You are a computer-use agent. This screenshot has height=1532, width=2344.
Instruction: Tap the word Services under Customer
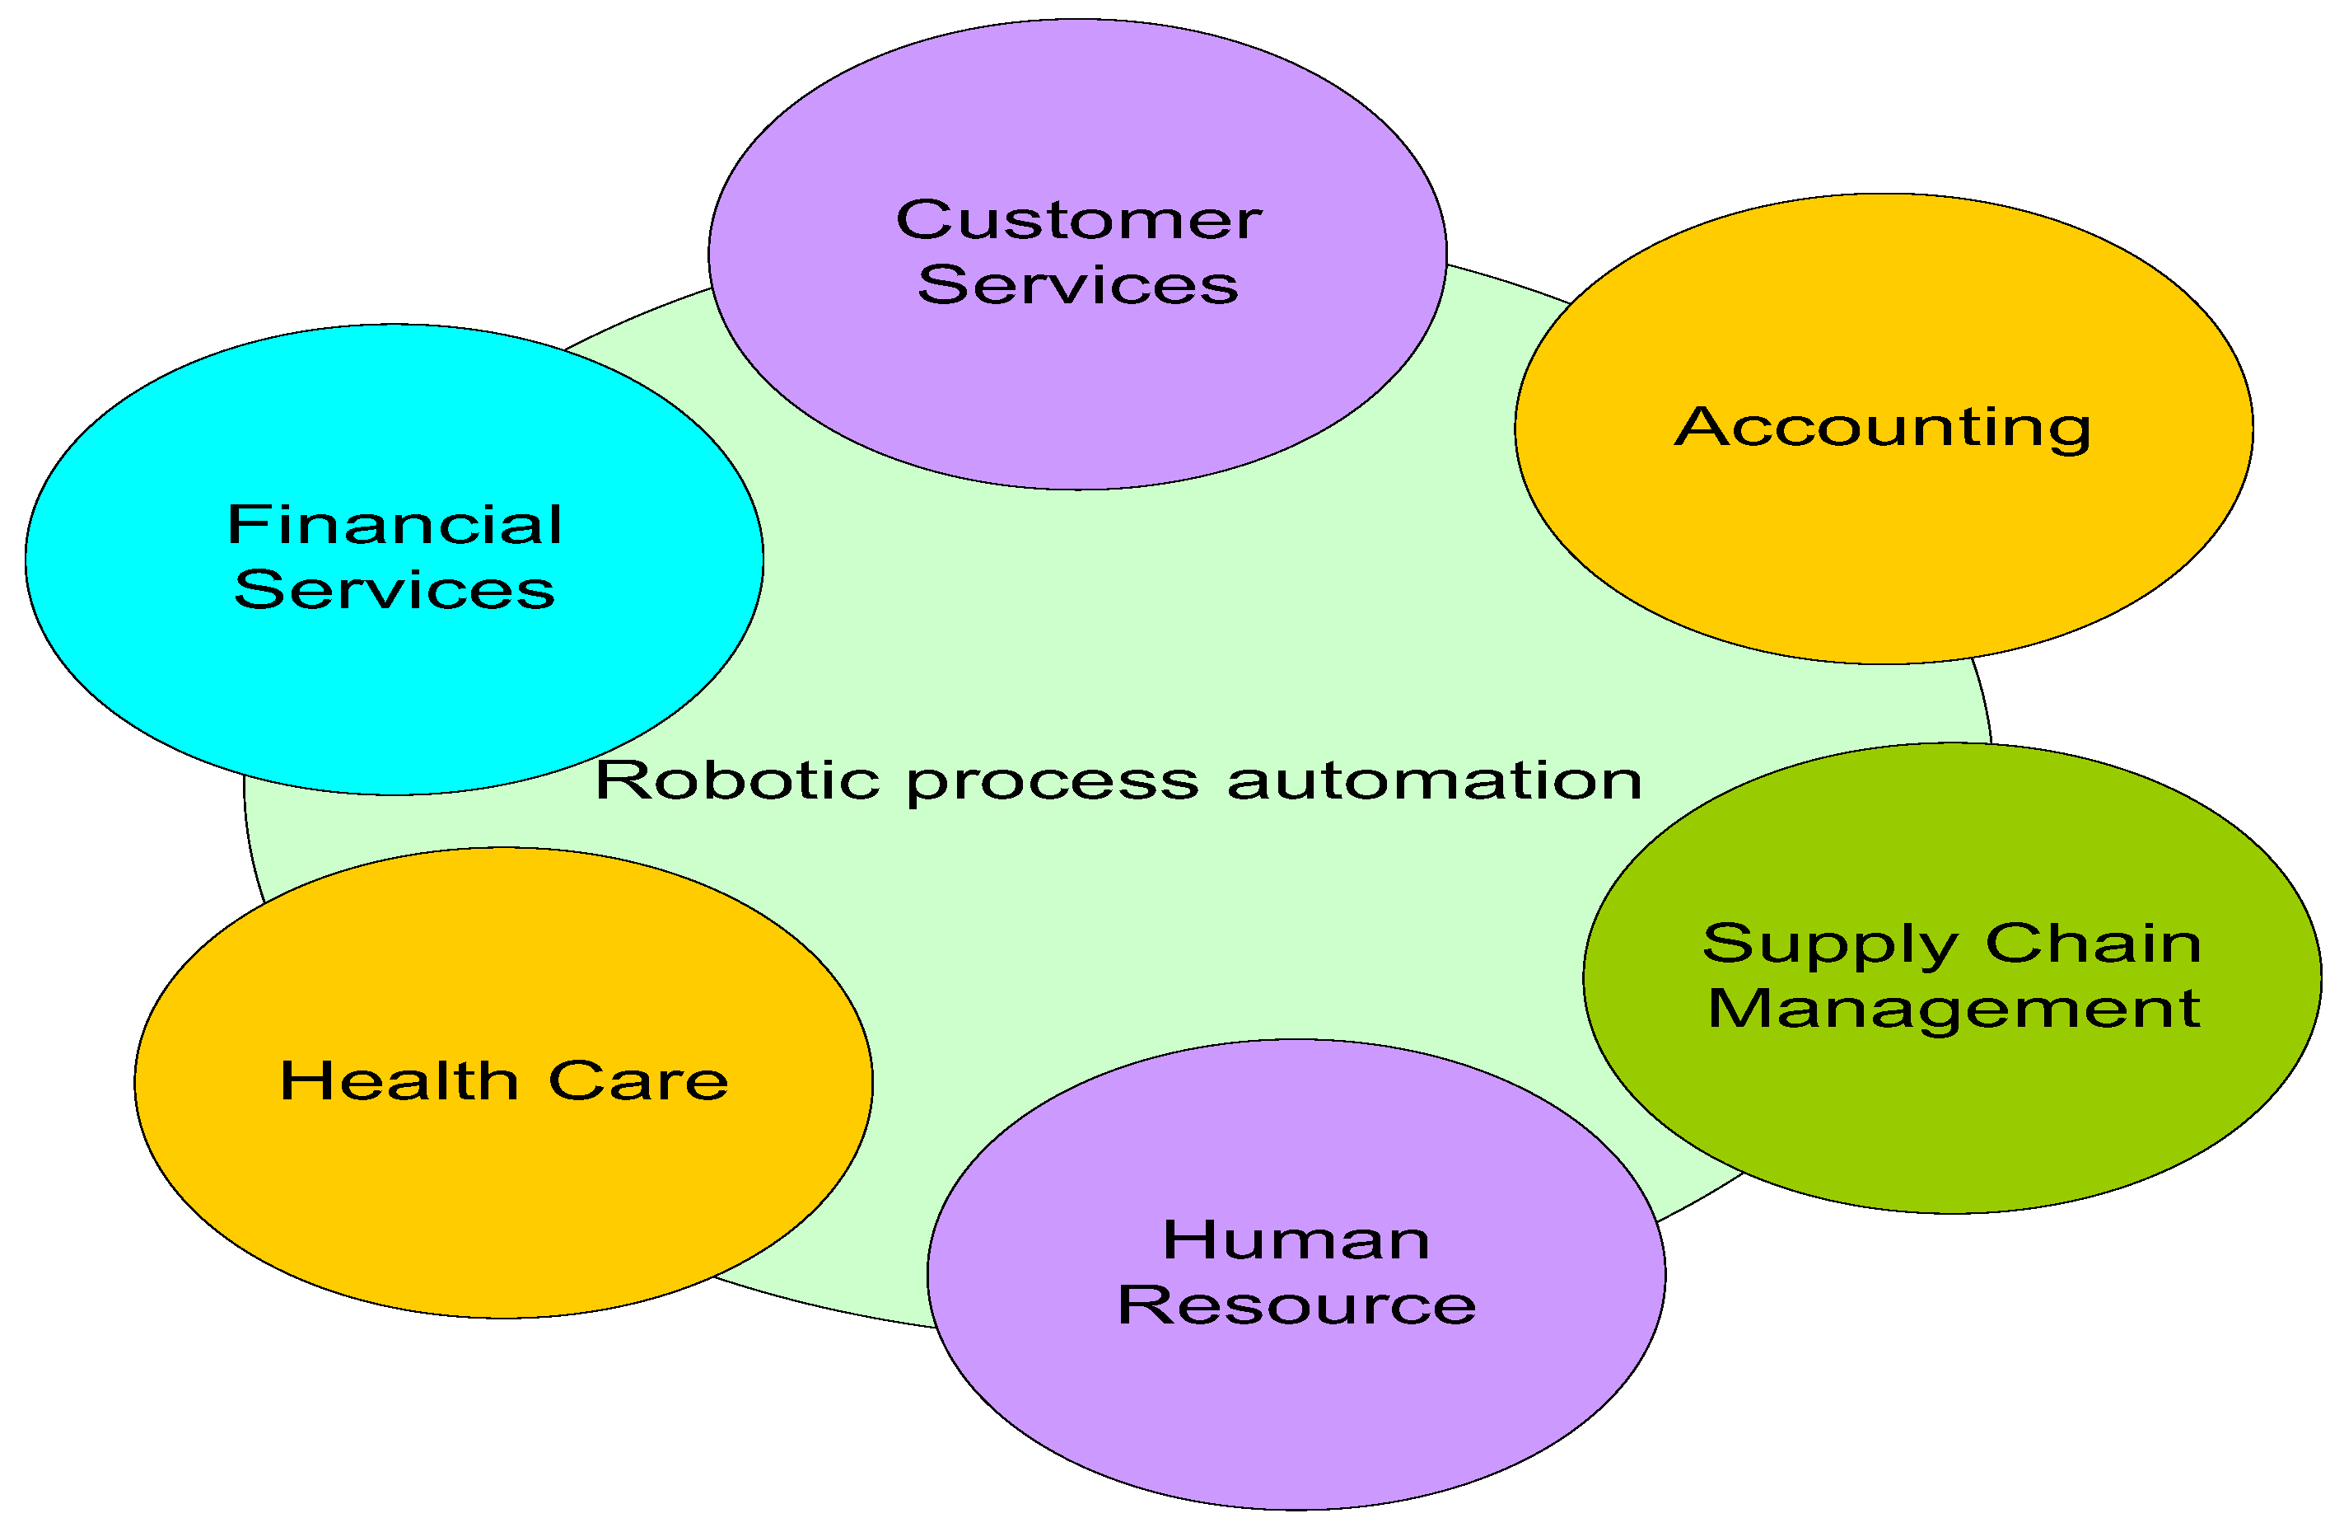tap(1078, 286)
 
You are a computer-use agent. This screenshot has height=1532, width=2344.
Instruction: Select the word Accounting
tap(1882, 428)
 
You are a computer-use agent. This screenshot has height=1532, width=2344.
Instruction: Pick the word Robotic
tap(736, 780)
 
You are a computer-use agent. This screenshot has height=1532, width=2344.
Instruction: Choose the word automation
tap(1434, 780)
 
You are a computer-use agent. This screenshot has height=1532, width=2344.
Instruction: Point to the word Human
tap(1296, 1239)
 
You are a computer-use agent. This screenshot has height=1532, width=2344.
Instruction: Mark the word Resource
tap(1296, 1305)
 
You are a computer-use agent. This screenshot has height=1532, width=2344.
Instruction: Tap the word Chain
tap(2094, 943)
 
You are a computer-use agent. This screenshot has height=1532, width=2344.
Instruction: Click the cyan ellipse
tap(394, 690)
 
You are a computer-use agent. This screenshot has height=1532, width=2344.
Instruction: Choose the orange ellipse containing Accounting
tap(1883, 551)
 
